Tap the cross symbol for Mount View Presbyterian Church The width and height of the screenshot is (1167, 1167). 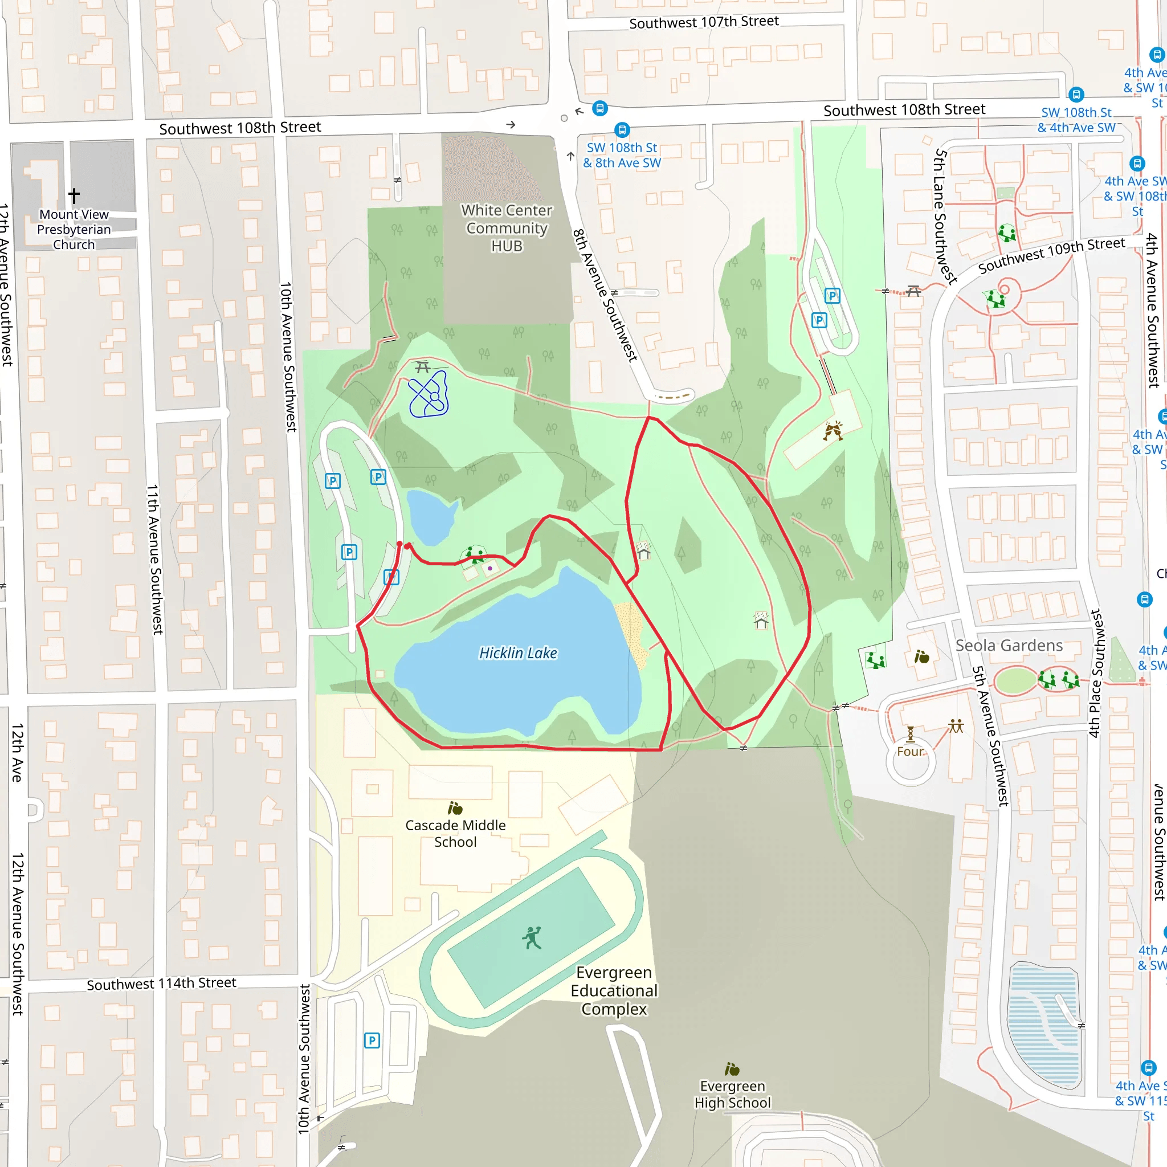click(x=74, y=195)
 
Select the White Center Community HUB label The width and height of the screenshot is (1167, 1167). click(x=506, y=228)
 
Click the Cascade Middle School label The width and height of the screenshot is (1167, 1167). click(x=455, y=834)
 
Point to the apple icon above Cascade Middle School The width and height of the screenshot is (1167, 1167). click(x=455, y=808)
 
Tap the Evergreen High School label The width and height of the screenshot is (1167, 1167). click(x=732, y=1095)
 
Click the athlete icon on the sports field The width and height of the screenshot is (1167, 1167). click(x=532, y=938)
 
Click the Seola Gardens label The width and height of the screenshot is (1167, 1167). click(x=1009, y=645)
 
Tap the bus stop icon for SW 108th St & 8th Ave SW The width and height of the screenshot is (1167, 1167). click(x=622, y=130)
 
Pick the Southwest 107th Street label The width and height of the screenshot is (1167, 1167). click(x=704, y=22)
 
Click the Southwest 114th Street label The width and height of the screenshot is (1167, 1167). click(x=161, y=984)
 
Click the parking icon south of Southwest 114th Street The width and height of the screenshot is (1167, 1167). click(x=372, y=1040)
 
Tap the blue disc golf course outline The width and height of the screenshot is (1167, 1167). click(x=429, y=395)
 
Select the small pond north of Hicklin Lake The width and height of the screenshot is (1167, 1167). click(x=430, y=516)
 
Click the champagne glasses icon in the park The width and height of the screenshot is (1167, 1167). click(x=833, y=431)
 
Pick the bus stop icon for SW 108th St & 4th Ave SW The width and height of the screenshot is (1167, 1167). click(x=1076, y=94)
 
